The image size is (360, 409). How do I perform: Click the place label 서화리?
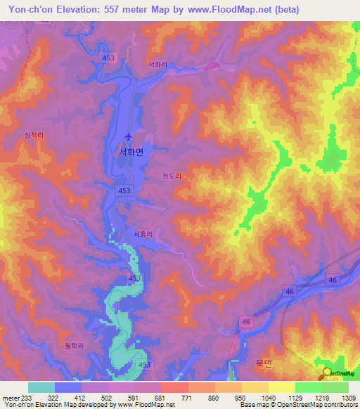(x=157, y=65)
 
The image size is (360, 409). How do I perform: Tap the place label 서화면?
(x=131, y=152)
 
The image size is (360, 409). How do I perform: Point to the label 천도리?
(x=172, y=178)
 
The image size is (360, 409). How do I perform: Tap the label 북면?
(x=262, y=363)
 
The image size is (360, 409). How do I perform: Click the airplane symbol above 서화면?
(x=128, y=136)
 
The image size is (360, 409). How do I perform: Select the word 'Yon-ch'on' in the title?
(x=32, y=10)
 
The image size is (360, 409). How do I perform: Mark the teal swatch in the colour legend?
(x=41, y=387)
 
